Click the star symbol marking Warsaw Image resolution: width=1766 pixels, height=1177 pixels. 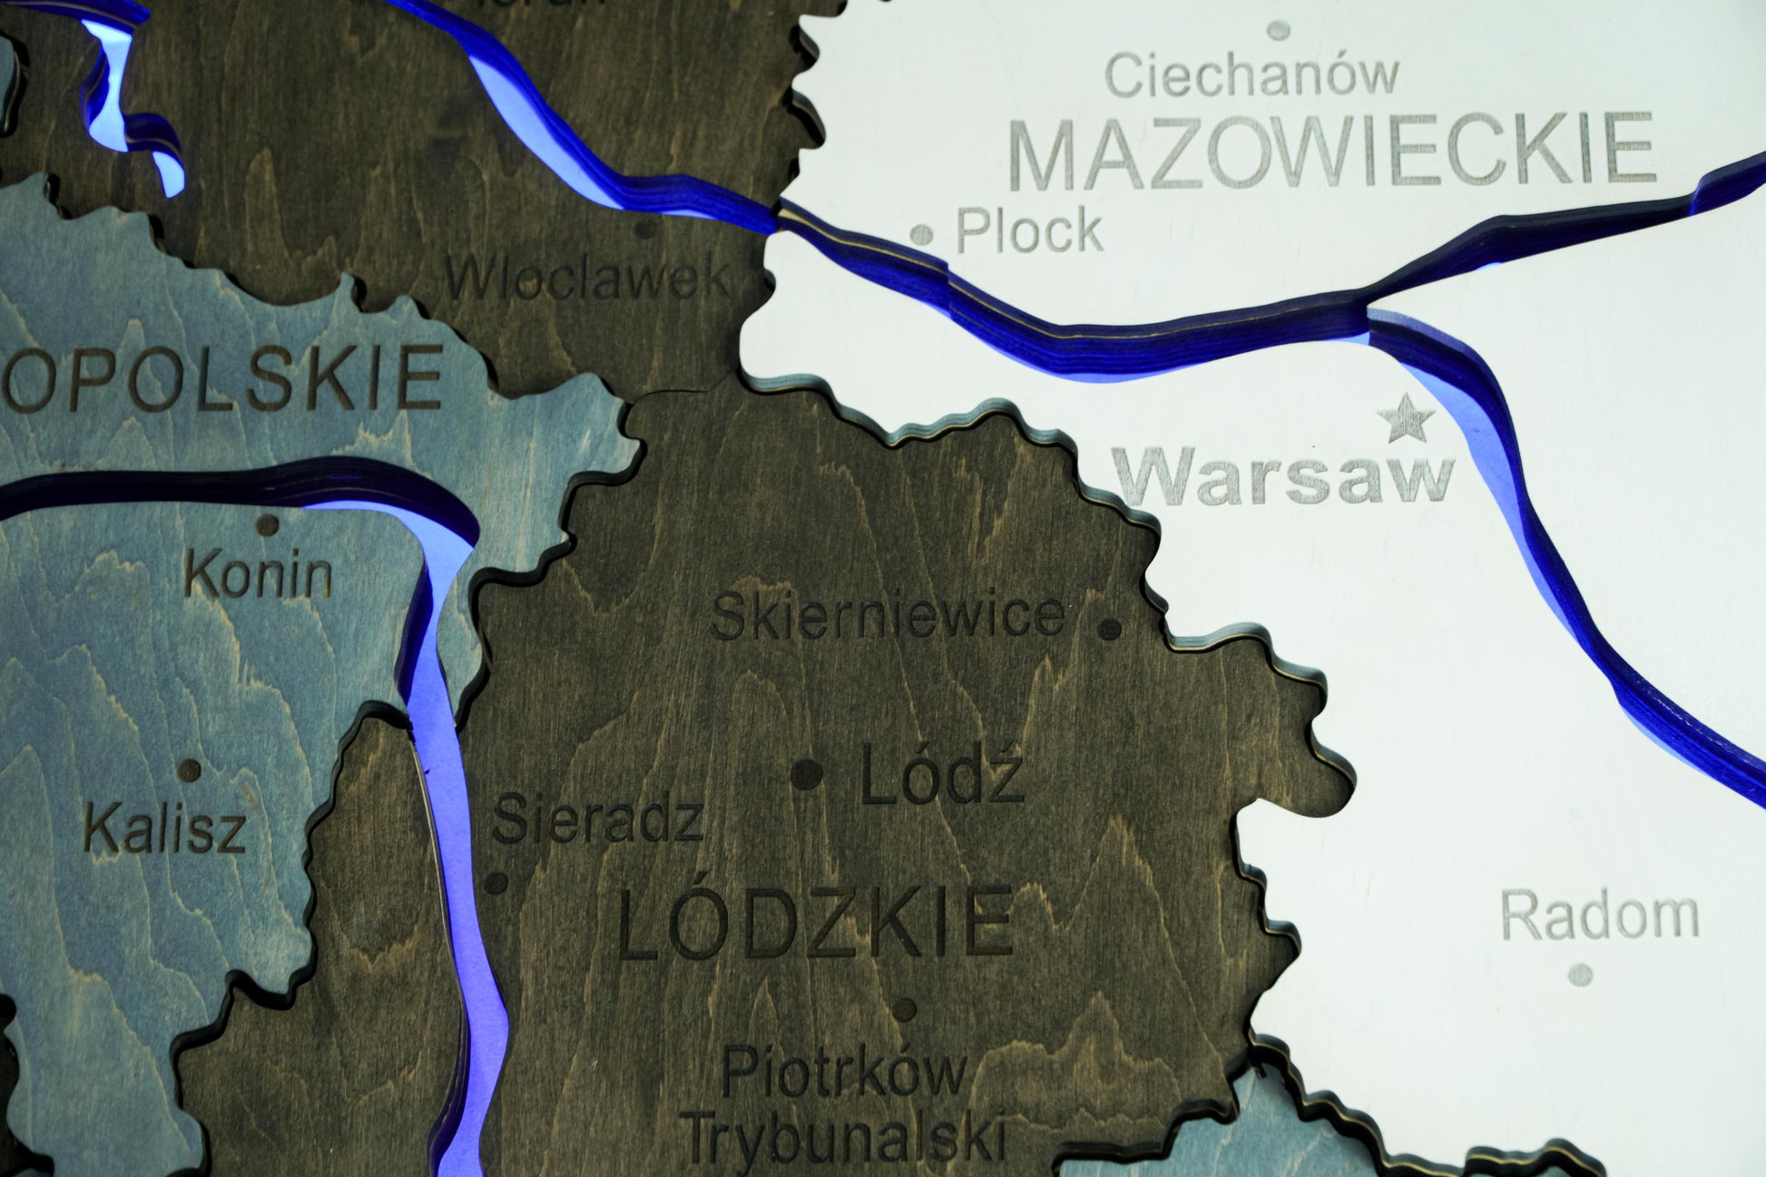click(x=1406, y=419)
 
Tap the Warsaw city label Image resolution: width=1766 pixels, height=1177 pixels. click(x=1284, y=478)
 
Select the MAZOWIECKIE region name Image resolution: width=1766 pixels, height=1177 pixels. click(x=1331, y=152)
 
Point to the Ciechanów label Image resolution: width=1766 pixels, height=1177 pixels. click(x=1251, y=76)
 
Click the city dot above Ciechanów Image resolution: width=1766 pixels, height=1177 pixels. click(x=1279, y=31)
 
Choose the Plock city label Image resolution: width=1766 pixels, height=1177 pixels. click(x=1029, y=230)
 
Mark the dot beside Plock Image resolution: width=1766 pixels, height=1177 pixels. click(x=921, y=235)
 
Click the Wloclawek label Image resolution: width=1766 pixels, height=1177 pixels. click(x=586, y=278)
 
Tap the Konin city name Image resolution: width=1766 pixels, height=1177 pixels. click(x=259, y=574)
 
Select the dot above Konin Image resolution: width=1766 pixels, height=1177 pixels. click(x=268, y=525)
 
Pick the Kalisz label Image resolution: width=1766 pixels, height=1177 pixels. click(x=164, y=829)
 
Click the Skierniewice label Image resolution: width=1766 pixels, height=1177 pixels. click(x=888, y=616)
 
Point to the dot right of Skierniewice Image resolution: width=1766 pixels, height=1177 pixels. click(x=1109, y=627)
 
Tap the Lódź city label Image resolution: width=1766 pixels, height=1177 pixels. click(x=942, y=774)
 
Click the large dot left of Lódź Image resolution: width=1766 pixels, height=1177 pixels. click(x=806, y=775)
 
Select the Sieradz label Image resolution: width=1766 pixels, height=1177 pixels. click(x=598, y=819)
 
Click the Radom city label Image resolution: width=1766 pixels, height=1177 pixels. click(x=1599, y=915)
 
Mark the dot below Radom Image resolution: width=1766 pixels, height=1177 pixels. click(x=1580, y=975)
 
